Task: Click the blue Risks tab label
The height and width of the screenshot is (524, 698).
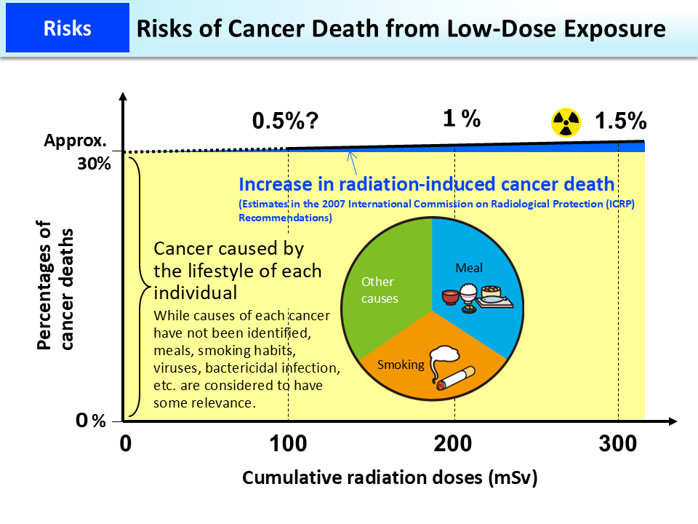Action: [67, 28]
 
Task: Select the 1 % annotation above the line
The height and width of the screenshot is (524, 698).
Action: [462, 119]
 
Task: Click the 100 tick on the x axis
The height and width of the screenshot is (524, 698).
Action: [289, 442]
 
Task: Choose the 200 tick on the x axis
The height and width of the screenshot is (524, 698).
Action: [454, 442]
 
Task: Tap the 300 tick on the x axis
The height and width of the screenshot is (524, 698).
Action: [619, 442]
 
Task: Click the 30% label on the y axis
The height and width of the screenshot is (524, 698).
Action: [94, 164]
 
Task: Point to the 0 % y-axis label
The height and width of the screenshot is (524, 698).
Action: [92, 421]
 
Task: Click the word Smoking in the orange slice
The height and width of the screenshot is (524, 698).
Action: [401, 365]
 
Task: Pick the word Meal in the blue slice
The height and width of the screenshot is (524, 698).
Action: [469, 268]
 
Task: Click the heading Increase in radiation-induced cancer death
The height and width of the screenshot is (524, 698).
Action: [426, 184]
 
